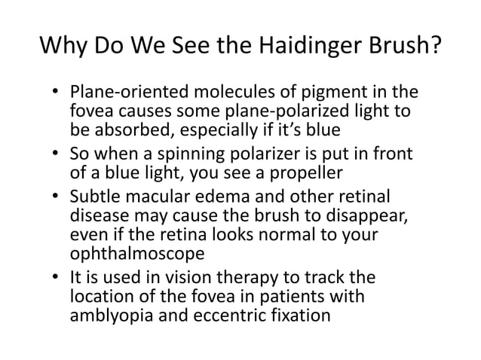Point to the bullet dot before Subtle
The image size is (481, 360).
(57, 198)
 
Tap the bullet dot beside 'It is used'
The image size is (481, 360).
(57, 279)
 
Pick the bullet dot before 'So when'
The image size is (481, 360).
(57, 156)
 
